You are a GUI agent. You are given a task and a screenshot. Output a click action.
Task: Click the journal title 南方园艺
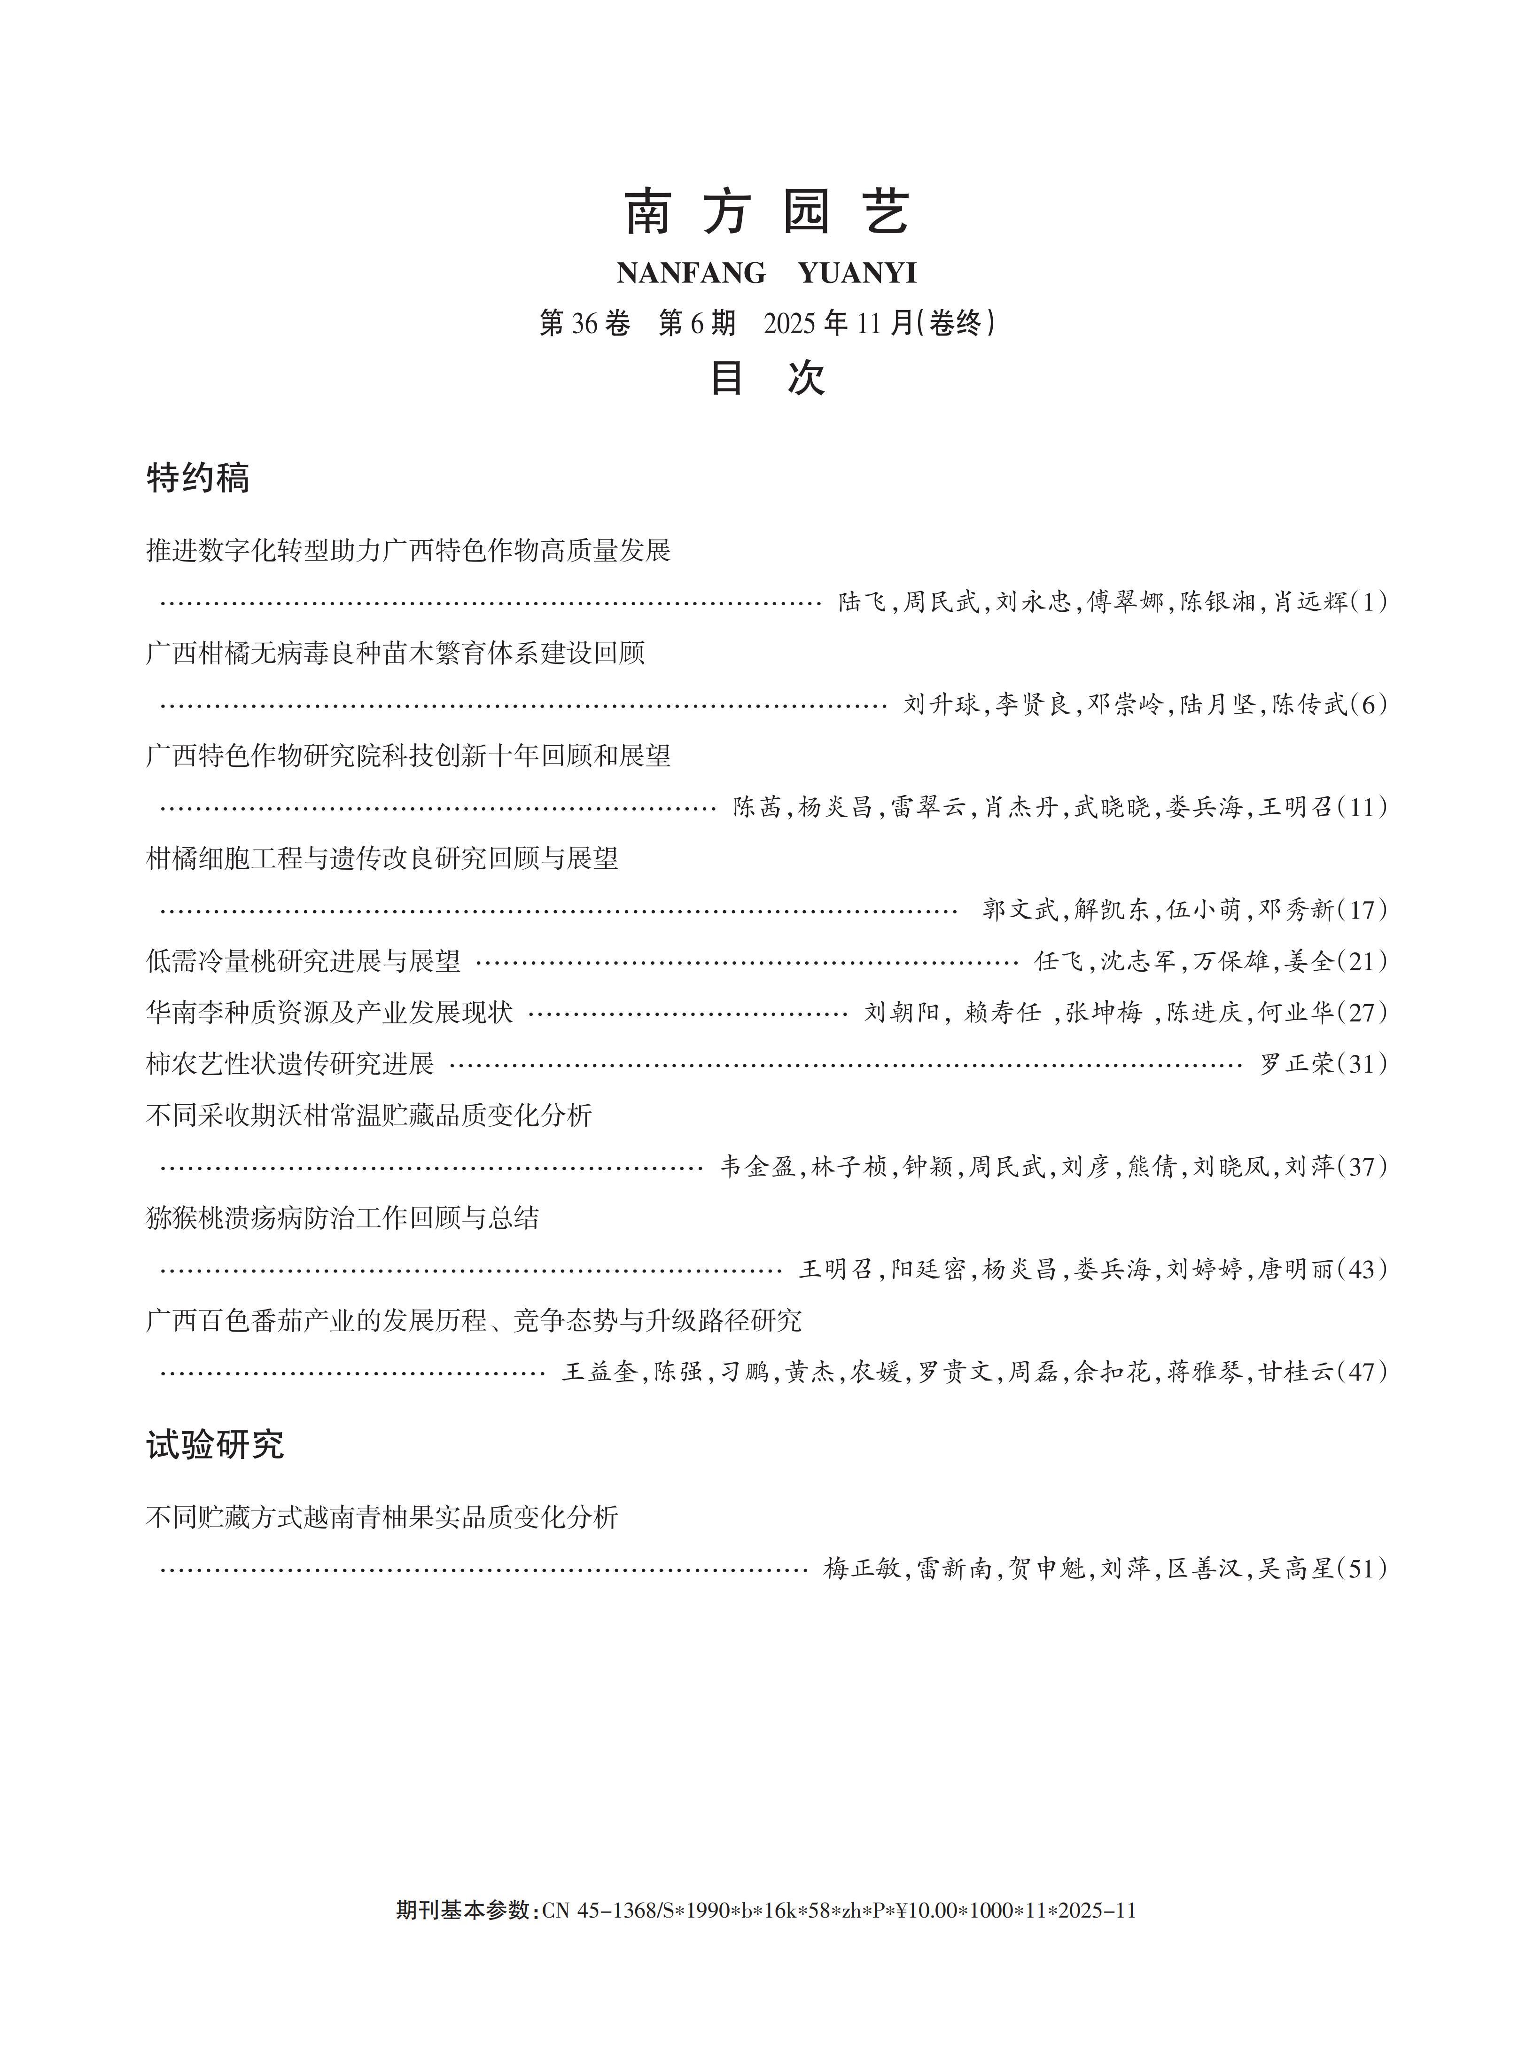(x=766, y=212)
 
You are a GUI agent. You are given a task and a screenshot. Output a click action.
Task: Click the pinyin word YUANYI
(x=856, y=273)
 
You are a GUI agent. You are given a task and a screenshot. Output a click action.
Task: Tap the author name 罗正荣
(x=1296, y=1063)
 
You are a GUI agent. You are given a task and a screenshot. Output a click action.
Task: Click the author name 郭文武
(x=1020, y=909)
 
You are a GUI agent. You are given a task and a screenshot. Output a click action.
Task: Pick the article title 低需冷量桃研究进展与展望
(x=303, y=961)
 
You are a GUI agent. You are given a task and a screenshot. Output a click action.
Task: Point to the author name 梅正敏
(x=862, y=1568)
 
